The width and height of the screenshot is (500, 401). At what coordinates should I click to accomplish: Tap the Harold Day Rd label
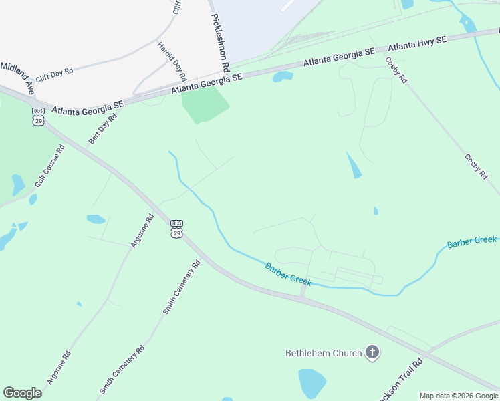tap(172, 61)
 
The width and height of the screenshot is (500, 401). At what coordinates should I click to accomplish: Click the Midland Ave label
tap(17, 75)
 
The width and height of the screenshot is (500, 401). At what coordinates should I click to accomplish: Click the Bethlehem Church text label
tap(324, 353)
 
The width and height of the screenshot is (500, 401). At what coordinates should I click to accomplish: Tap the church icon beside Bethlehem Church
tap(372, 352)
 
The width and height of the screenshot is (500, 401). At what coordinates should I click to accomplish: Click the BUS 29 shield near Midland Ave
tap(38, 116)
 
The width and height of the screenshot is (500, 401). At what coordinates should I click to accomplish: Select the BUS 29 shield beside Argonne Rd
tap(176, 228)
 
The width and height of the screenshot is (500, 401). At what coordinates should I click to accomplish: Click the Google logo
tap(22, 393)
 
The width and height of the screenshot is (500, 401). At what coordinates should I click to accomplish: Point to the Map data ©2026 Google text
tap(459, 396)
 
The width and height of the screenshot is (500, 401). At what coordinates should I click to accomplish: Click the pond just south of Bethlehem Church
tap(312, 384)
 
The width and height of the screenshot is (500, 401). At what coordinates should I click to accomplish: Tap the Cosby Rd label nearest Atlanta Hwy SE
tap(396, 70)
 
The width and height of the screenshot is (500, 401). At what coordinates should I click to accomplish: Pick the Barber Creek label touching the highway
tap(288, 274)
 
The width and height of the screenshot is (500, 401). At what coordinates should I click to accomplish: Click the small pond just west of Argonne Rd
tap(96, 219)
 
